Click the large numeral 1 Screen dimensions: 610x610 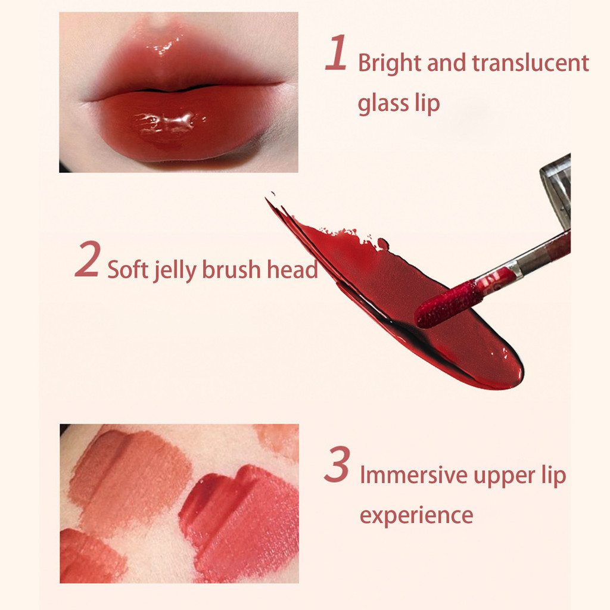coord(336,52)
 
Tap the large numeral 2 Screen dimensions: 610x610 coord(88,259)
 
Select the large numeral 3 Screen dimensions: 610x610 coord(337,465)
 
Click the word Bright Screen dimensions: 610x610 coord(390,64)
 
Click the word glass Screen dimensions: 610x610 coord(383,104)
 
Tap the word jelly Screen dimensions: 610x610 coord(175,270)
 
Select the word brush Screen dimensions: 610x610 coord(231,269)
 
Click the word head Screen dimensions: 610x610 coord(292,269)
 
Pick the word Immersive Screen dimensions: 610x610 coord(414,475)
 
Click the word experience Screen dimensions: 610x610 coord(416,516)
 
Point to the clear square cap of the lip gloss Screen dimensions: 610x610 coord(556,191)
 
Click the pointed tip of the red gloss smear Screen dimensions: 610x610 coord(267,199)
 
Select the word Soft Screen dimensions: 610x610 coord(127,269)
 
